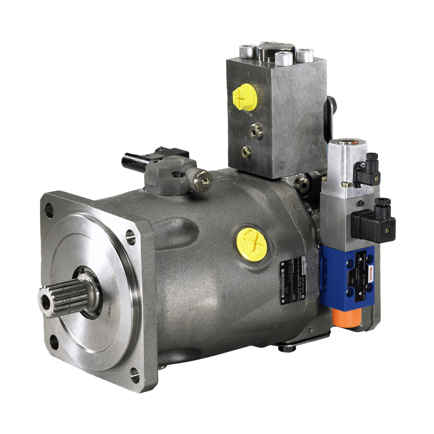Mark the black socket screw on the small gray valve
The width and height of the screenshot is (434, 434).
click(177, 175)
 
